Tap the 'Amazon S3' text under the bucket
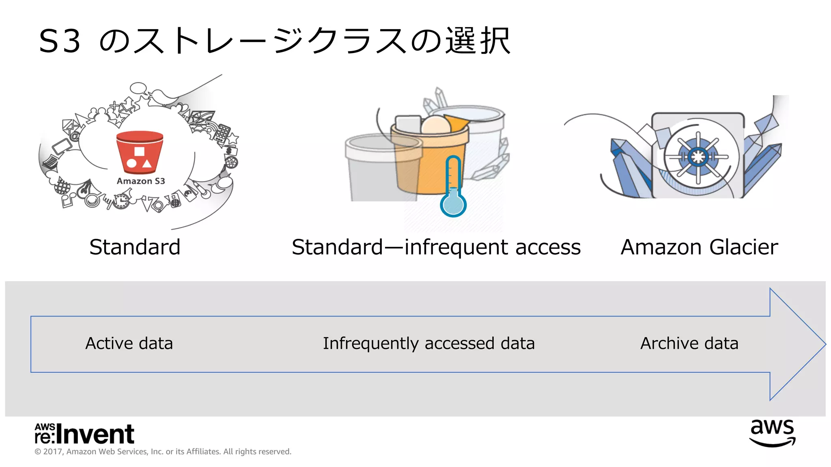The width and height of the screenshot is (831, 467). [x=141, y=181]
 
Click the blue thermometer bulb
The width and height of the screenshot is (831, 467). [x=453, y=205]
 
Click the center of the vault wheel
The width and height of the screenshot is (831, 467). [x=698, y=156]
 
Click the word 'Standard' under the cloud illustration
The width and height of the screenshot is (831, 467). [x=135, y=247]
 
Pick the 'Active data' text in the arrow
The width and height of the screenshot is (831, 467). [x=129, y=343]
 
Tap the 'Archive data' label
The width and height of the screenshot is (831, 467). [x=689, y=343]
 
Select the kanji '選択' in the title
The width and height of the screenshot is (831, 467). [x=478, y=41]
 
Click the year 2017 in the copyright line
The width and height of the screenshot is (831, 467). [x=52, y=452]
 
